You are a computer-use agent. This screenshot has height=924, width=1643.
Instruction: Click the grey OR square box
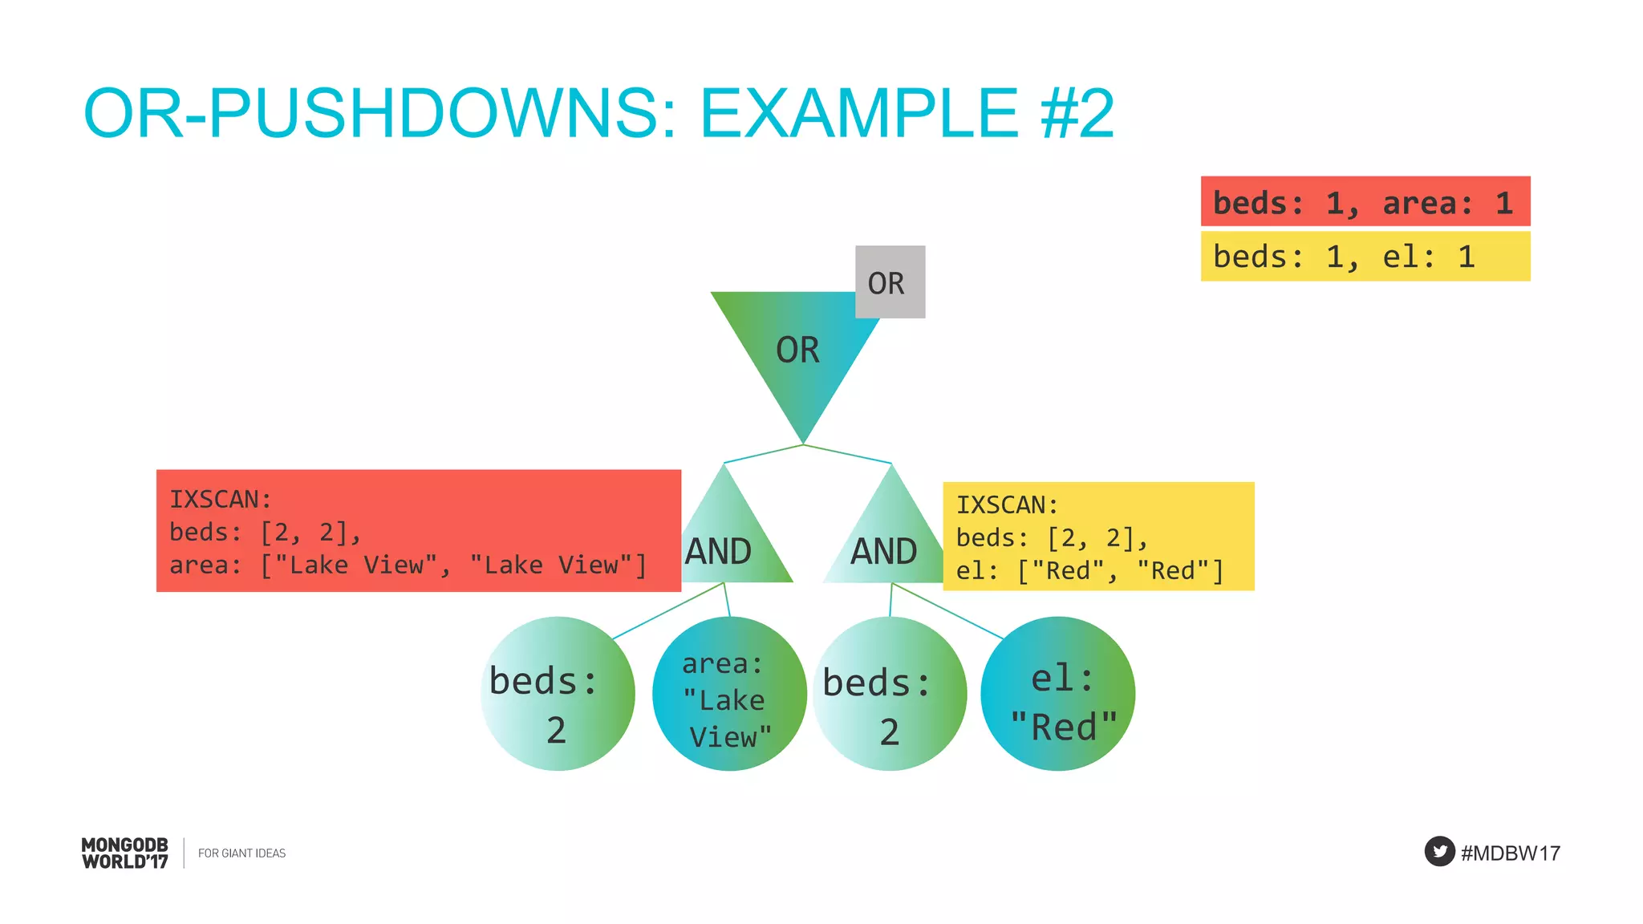click(x=890, y=282)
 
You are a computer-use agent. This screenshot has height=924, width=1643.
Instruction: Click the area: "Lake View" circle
click(x=728, y=694)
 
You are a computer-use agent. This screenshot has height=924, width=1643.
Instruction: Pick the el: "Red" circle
click(x=1057, y=694)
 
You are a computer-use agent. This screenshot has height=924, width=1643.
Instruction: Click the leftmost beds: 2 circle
click(x=558, y=694)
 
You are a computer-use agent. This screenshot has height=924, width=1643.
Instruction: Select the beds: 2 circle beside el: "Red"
click(x=890, y=694)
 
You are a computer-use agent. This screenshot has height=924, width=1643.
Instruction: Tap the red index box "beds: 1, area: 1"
click(x=1365, y=201)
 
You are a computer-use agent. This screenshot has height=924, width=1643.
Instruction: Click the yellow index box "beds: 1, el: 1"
click(x=1365, y=256)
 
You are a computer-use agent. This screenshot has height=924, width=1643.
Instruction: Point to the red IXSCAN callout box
click(x=418, y=530)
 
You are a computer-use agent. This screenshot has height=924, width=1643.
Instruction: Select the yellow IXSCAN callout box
click(x=1097, y=536)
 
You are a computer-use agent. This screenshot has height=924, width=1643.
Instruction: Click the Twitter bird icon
click(x=1439, y=851)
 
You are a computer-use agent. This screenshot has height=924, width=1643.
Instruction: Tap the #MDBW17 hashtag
click(x=1510, y=853)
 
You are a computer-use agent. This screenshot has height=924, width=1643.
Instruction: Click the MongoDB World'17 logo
click(x=125, y=853)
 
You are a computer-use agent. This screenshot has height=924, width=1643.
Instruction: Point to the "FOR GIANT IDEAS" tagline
click(x=241, y=853)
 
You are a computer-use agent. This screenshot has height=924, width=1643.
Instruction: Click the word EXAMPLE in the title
click(x=859, y=113)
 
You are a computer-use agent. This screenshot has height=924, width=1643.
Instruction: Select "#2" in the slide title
click(x=1077, y=113)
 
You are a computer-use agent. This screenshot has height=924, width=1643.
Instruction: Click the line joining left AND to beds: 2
click(x=668, y=611)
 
